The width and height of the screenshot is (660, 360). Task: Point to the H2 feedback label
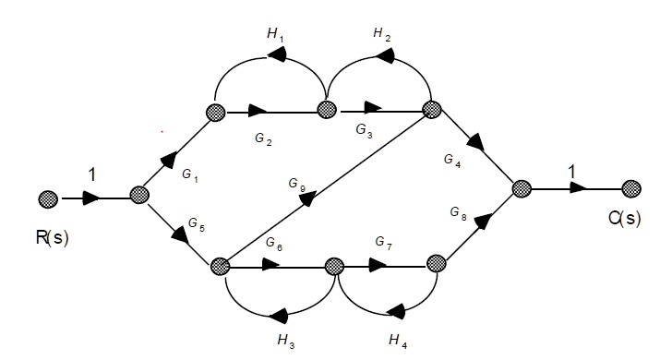tap(382, 33)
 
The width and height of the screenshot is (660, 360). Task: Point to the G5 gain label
tap(195, 223)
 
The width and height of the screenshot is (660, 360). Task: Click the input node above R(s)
tap(49, 198)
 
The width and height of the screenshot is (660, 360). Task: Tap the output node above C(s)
tap(632, 189)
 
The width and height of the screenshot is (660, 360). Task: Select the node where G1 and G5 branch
tap(140, 196)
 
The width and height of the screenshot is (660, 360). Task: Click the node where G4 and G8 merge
tap(521, 189)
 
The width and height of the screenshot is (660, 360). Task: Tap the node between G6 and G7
tap(333, 267)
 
